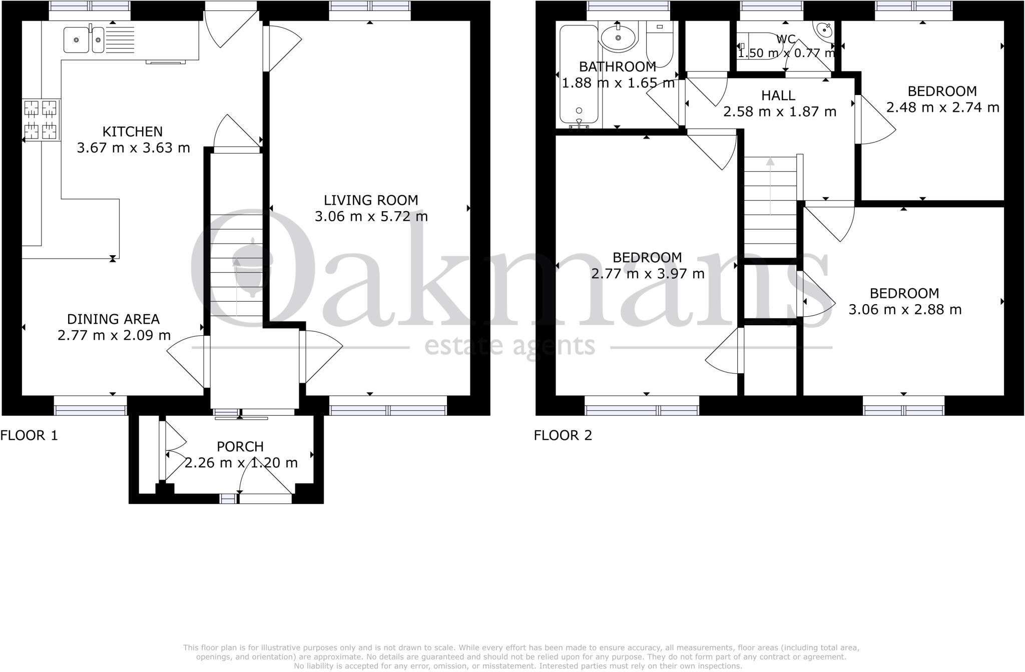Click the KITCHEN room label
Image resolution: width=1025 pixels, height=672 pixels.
pyautogui.click(x=133, y=132)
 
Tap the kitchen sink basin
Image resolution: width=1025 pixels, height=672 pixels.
pyautogui.click(x=77, y=40)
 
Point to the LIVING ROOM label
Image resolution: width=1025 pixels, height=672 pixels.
pyautogui.click(x=371, y=200)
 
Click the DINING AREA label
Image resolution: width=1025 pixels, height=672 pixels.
pyautogui.click(x=114, y=319)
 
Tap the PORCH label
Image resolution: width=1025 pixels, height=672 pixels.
pyautogui.click(x=240, y=446)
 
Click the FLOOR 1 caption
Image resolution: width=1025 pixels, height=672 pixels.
pyautogui.click(x=29, y=435)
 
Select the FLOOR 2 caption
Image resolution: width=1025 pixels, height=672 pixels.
pyautogui.click(x=563, y=435)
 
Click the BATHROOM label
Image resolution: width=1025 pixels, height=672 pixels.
pyautogui.click(x=618, y=67)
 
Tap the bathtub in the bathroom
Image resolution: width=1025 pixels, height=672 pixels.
pyautogui.click(x=579, y=75)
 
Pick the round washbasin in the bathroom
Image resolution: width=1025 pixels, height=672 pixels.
pyautogui.click(x=618, y=38)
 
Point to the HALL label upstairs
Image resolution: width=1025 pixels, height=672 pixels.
pyautogui.click(x=778, y=95)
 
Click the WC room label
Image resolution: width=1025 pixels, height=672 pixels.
pyautogui.click(x=786, y=39)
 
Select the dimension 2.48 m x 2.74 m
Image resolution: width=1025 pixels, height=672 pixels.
pyautogui.click(x=942, y=108)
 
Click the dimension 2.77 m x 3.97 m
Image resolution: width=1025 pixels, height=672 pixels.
pyautogui.click(x=648, y=274)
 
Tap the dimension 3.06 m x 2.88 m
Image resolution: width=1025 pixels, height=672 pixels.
pyautogui.click(x=905, y=310)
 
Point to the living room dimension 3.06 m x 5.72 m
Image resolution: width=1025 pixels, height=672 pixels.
pyautogui.click(x=371, y=217)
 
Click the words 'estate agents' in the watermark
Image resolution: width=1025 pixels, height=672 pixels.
pyautogui.click(x=509, y=346)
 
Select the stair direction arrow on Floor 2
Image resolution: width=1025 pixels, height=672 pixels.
pyautogui.click(x=770, y=185)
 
